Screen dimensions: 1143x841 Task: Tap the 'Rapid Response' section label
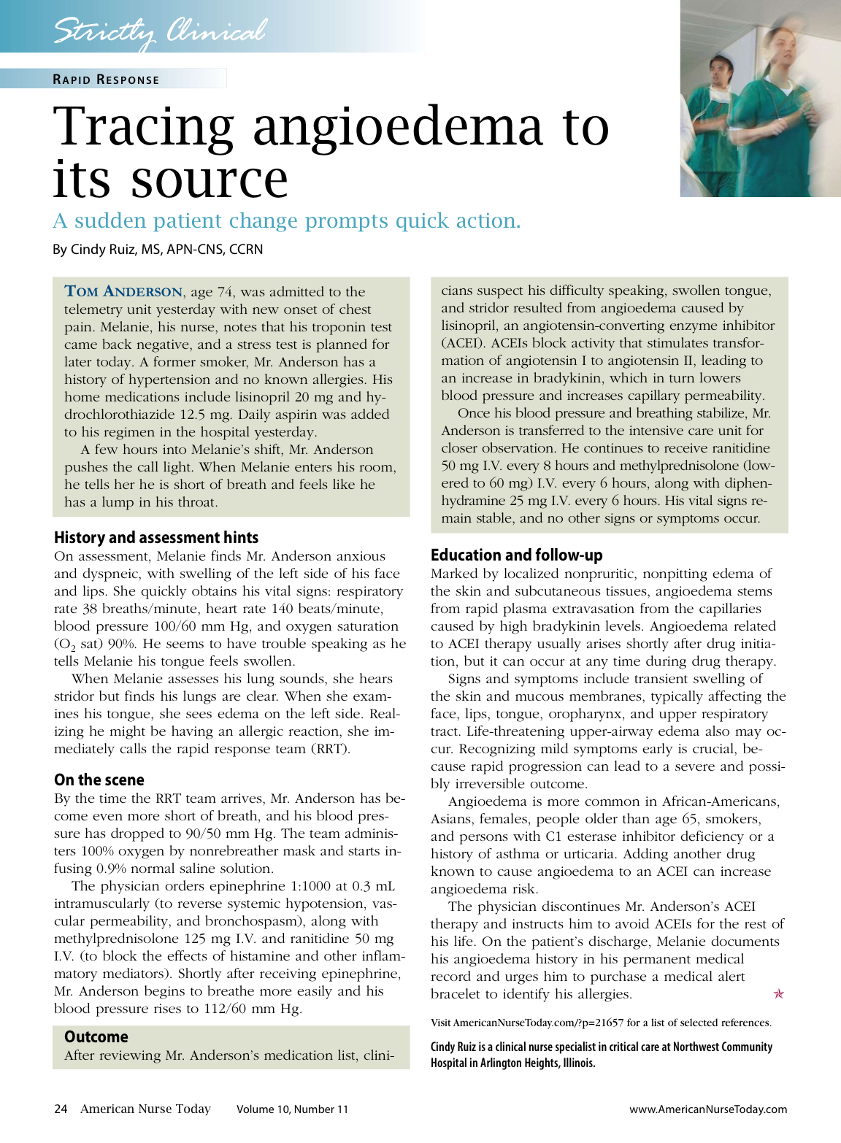click(x=106, y=80)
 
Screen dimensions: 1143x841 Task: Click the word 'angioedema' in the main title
click(x=397, y=126)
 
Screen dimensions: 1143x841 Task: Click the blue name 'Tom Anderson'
click(x=123, y=292)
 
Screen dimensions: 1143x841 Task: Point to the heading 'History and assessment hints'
click(x=156, y=538)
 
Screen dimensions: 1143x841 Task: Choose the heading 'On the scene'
click(x=99, y=780)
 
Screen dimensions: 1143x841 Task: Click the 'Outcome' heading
click(x=96, y=1037)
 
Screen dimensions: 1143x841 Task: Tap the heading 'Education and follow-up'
click(x=517, y=555)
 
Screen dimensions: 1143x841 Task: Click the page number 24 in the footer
click(x=61, y=1109)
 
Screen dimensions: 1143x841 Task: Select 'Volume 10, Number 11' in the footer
click(x=292, y=1109)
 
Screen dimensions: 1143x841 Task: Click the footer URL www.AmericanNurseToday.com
click(x=708, y=1109)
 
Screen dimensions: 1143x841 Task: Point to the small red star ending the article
click(x=779, y=994)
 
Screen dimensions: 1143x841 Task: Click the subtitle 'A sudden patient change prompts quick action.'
click(x=287, y=220)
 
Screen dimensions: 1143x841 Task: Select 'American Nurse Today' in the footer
click(x=145, y=1109)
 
